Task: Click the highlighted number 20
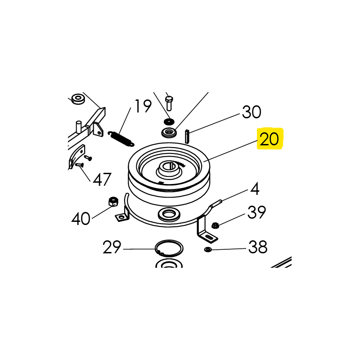pos(269,139)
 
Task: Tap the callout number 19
pos(143,106)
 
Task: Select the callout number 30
pos(252,112)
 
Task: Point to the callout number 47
pos(102,179)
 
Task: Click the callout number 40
pos(81,219)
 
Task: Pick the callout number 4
pos(255,189)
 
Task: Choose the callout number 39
pos(256,212)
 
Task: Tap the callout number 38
pos(258,247)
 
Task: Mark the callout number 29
pos(112,247)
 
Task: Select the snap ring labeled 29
pos(169,248)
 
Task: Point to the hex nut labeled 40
pos(113,201)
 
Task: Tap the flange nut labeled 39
pos(215,225)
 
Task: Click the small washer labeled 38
pos(208,249)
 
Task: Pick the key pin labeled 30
pos(187,137)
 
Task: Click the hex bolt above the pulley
pos(169,103)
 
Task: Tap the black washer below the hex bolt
pos(169,121)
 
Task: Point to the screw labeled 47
pos(79,165)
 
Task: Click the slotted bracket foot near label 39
pos(209,238)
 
